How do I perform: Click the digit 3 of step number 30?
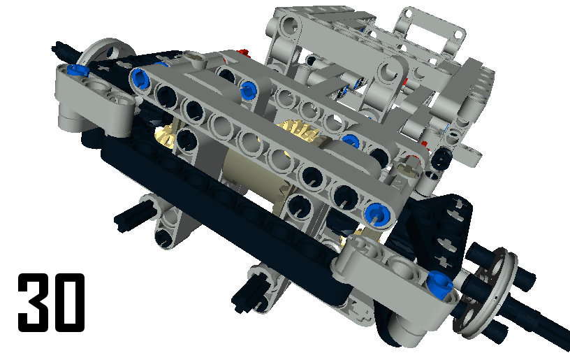click(x=34, y=302)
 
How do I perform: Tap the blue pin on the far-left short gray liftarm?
click(x=78, y=70)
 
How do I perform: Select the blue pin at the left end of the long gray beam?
click(x=140, y=78)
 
